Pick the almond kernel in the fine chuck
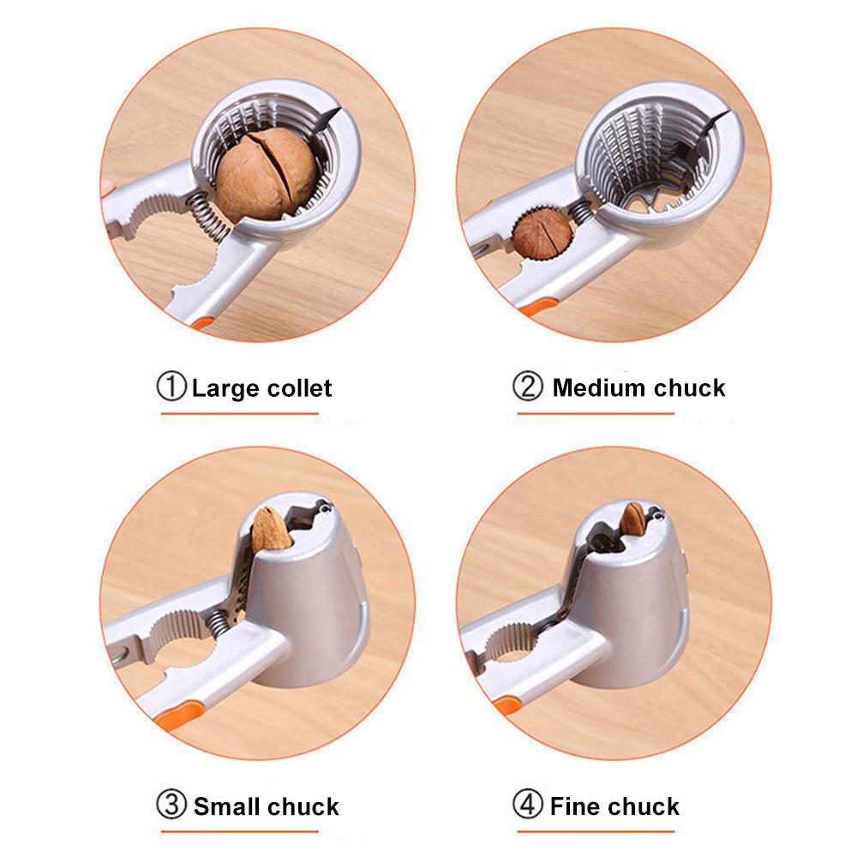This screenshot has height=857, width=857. coord(634,518)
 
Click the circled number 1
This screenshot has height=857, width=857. coord(171,387)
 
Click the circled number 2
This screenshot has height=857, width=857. coord(527,387)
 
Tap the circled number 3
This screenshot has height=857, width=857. coord(171,806)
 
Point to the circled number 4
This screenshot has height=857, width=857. coord(527,806)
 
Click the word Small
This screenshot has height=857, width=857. coord(226,806)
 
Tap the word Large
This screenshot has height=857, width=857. coord(225,388)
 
